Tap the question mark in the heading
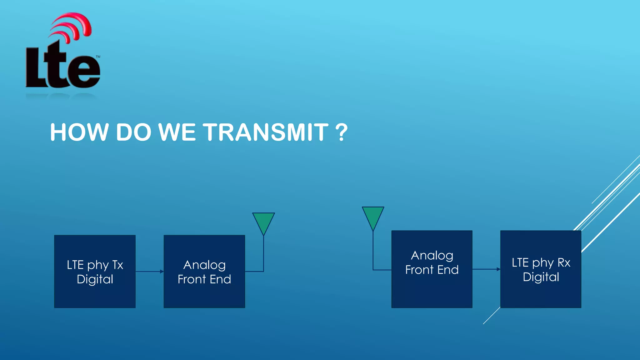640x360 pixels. pyautogui.click(x=341, y=132)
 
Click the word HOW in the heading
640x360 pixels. pyautogui.click(x=79, y=132)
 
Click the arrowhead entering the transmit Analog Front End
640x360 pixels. pyautogui.click(x=162, y=272)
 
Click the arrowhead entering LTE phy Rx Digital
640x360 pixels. pyautogui.click(x=498, y=269)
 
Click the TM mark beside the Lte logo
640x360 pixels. pyautogui.click(x=98, y=57)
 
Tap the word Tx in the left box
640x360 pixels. pyautogui.click(x=117, y=265)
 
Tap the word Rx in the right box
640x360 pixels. pyautogui.click(x=564, y=263)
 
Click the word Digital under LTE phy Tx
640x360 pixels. pyautogui.click(x=95, y=279)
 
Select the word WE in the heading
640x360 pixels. pyautogui.click(x=177, y=132)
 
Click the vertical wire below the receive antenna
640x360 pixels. pyautogui.click(x=373, y=250)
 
